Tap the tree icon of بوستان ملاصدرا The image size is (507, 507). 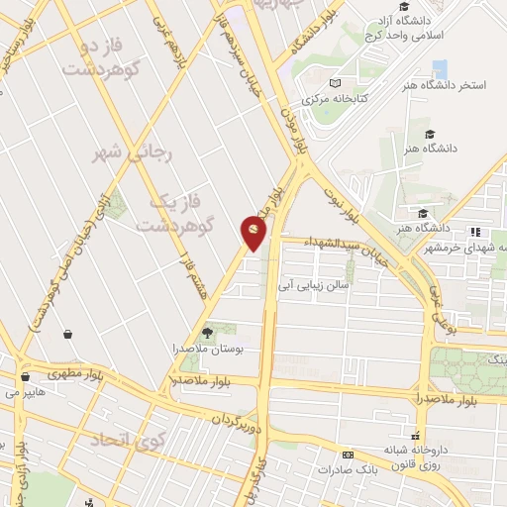tap(207, 334)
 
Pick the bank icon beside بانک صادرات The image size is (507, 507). tap(346, 456)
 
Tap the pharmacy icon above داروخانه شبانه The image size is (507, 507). tap(416, 436)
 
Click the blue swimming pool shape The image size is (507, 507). tap(440, 68)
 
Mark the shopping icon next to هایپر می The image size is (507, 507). tap(24, 375)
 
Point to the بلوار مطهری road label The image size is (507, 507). tap(74, 374)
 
